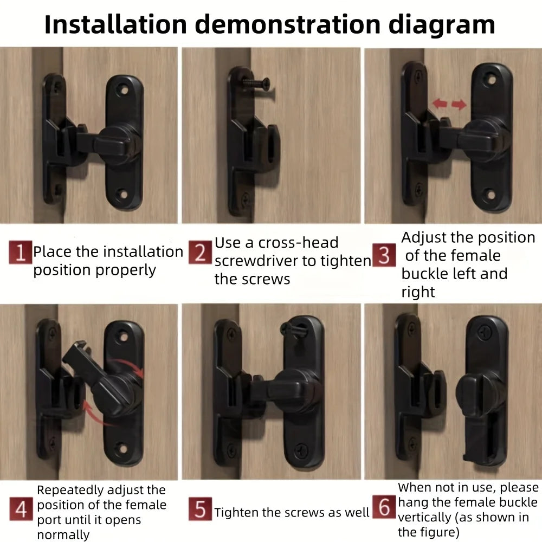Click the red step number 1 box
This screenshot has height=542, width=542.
[x=20, y=253]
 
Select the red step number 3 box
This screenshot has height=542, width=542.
[x=384, y=255]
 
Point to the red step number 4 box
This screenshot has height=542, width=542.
[x=20, y=510]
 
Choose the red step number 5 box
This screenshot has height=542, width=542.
[x=199, y=510]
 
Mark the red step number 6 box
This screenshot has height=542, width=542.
[x=384, y=508]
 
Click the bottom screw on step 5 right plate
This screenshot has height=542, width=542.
[x=302, y=449]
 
